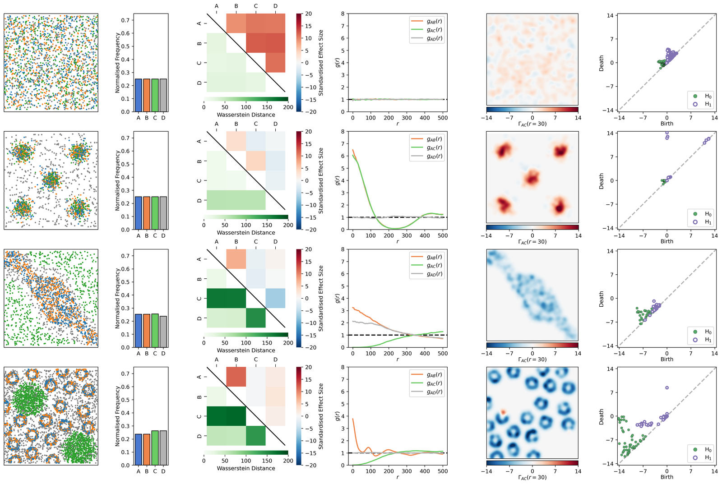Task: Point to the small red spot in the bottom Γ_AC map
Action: coord(503,412)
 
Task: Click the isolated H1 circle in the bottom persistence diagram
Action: coord(667,387)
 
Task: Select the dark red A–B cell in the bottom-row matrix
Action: coord(236,377)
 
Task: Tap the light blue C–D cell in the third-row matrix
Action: coord(275,298)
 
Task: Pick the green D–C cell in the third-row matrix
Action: coord(255,318)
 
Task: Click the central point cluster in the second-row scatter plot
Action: coord(51,180)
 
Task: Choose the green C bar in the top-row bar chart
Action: coord(155,95)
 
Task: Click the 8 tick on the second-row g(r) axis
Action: coord(343,132)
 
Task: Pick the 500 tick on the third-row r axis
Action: coord(443,354)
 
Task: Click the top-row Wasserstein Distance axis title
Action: coord(246,115)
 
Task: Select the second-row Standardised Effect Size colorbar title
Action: coord(321,180)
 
